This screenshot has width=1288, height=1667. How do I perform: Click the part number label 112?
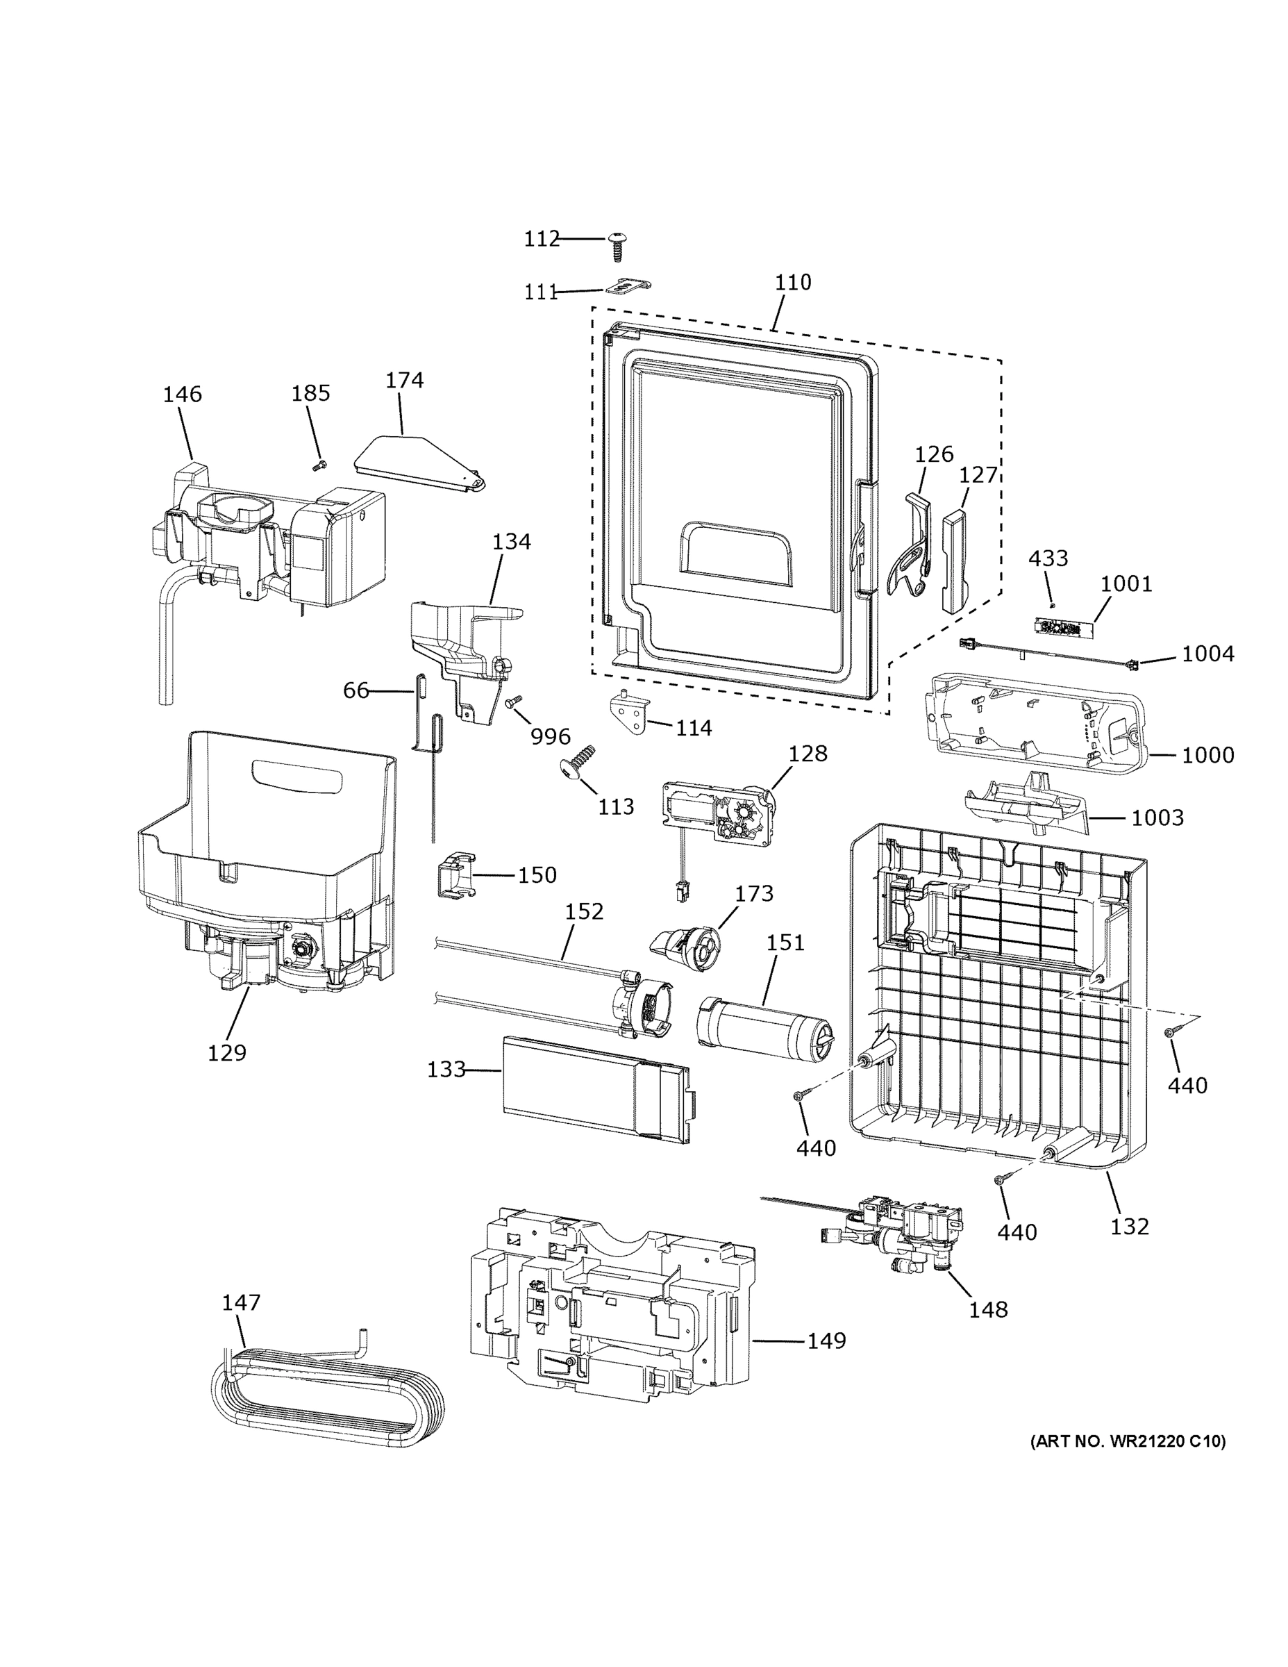point(541,239)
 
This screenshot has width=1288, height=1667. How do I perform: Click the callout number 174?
point(404,380)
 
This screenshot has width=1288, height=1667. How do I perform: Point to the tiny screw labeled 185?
point(319,465)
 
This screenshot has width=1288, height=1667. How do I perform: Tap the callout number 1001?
point(1126,584)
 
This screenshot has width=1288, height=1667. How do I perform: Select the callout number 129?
point(227,1052)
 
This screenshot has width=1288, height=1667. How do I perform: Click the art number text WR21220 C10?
point(1128,1442)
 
